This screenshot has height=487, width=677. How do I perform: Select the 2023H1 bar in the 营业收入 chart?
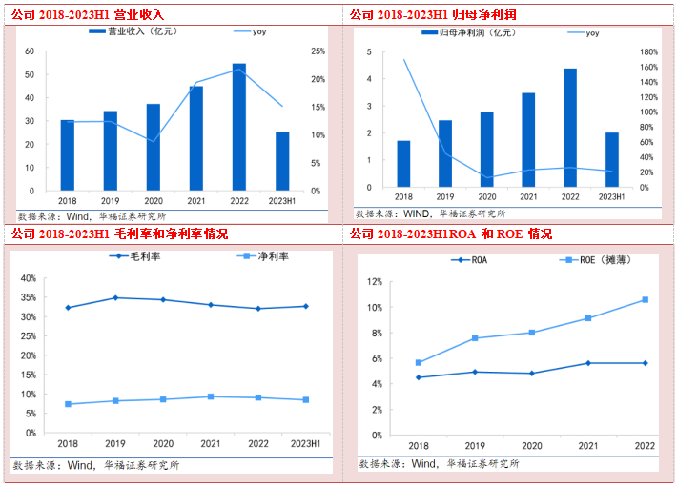pos(282,161)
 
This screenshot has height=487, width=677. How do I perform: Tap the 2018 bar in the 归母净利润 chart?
pos(403,163)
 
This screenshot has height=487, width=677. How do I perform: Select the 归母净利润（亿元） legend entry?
pos(467,32)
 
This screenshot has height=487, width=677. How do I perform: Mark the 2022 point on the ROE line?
pos(645,300)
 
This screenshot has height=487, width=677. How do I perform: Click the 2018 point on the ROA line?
pos(418,377)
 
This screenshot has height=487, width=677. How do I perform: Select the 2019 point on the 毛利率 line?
pos(115,298)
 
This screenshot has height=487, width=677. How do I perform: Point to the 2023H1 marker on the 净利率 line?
pos(304,400)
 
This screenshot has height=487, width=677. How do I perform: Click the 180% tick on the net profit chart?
pos(648,52)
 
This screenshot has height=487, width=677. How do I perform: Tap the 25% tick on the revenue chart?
pos(318,51)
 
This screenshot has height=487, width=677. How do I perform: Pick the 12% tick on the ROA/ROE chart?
pos(376,282)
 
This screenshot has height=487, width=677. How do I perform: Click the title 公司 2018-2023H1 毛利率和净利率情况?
pos(119,233)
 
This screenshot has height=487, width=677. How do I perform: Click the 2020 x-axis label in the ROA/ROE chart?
pos(531,446)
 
